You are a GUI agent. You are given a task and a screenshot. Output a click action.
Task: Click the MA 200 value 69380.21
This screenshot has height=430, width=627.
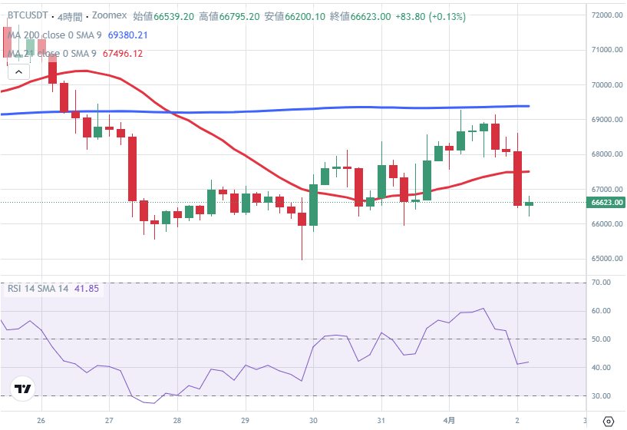[127, 35]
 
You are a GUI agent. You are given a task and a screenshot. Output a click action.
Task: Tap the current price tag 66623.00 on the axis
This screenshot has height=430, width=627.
[606, 203]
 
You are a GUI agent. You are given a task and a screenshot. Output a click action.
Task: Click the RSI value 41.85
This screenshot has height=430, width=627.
[86, 288]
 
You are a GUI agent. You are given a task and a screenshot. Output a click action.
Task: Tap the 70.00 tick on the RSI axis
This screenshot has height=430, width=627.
[601, 283]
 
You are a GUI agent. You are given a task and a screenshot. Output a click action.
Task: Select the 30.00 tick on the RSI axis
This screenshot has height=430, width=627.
[601, 395]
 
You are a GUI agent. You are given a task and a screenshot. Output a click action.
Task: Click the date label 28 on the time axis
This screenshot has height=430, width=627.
[177, 420]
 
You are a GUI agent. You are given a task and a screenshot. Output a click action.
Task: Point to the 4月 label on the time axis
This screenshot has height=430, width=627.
[450, 420]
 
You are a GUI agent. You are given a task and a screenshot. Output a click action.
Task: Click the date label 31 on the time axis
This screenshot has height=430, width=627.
[381, 420]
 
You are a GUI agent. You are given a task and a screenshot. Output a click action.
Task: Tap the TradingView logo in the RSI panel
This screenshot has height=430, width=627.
[22, 389]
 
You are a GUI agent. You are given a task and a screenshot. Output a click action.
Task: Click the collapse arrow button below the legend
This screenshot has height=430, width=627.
[18, 71]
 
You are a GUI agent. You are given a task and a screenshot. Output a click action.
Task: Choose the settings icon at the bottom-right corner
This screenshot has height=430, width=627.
[608, 420]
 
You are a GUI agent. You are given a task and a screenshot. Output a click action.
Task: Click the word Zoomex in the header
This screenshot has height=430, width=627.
[110, 15]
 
